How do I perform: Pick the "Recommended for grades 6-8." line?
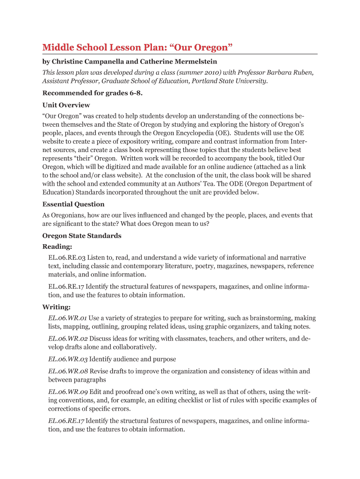(93, 93)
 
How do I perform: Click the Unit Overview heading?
(66, 105)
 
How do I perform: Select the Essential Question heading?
(73, 204)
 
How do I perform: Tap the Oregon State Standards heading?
(82, 236)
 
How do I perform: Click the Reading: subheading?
(58, 247)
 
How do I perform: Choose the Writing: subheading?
(57, 307)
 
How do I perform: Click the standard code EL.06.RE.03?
(67, 257)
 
